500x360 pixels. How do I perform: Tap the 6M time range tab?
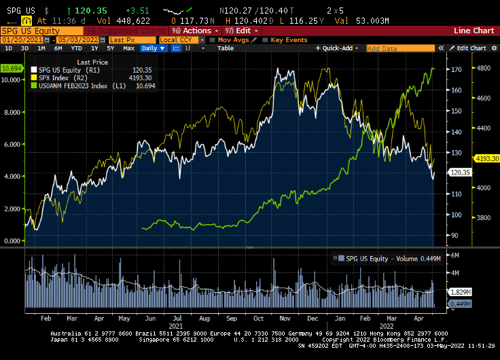(58, 48)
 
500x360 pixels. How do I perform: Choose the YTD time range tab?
(76, 48)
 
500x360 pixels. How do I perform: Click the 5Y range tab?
(111, 48)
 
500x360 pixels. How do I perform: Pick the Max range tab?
(128, 48)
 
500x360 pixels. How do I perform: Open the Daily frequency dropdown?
(152, 48)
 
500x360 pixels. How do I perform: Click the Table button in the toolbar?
(225, 48)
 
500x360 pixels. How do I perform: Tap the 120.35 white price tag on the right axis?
(460, 173)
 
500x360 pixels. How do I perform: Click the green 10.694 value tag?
(11, 69)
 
